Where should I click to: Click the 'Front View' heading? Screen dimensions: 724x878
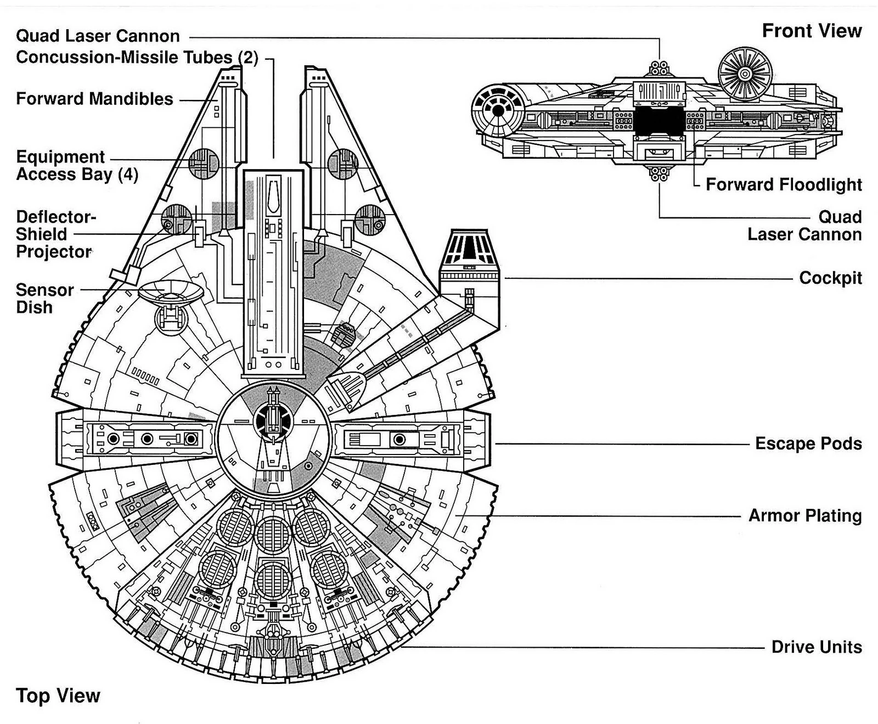point(812,31)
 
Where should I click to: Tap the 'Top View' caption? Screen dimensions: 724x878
point(58,695)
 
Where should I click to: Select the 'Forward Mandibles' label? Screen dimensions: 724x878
point(94,99)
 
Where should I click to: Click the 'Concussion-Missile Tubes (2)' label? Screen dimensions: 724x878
point(137,57)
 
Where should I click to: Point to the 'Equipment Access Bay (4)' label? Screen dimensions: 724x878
point(77,165)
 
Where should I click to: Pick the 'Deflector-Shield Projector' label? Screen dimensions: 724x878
point(54,234)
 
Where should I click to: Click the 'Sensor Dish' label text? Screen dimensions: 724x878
point(44,298)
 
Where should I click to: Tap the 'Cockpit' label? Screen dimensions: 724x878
point(830,278)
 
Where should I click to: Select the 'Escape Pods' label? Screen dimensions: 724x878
point(808,443)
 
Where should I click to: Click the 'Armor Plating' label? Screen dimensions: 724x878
point(805,515)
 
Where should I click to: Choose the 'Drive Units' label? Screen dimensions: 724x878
point(817,647)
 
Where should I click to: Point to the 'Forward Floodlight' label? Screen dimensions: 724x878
point(784,184)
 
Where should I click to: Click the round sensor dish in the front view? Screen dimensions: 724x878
point(745,73)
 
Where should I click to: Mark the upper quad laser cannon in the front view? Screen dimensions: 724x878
point(659,69)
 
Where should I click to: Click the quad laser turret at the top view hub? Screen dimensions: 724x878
point(273,420)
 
